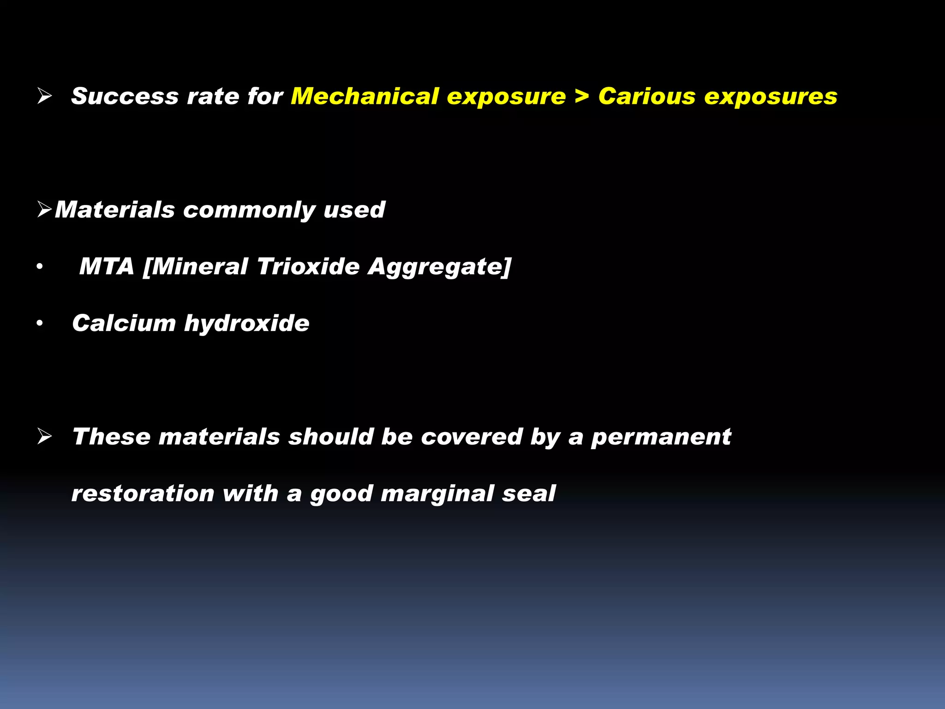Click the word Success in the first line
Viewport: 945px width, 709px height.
click(125, 96)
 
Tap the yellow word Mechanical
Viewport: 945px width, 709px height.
click(364, 96)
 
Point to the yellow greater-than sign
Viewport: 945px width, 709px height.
click(582, 96)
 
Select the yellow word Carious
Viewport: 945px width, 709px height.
click(646, 96)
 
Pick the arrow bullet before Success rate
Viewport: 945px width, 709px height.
click(45, 96)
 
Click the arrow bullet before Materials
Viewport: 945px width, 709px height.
click(45, 210)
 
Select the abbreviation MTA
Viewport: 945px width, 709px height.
click(107, 266)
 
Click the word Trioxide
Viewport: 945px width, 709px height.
click(308, 266)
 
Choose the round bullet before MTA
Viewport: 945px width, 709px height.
click(40, 267)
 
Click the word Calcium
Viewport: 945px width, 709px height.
click(124, 323)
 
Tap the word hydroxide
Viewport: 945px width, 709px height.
click(247, 323)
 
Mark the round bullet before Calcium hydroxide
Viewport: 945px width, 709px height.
click(40, 324)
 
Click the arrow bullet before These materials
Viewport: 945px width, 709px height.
click(45, 436)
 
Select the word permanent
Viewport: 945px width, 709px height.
click(661, 437)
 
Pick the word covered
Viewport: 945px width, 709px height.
click(471, 437)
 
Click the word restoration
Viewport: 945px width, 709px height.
click(143, 493)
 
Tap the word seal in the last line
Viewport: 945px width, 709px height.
click(529, 493)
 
